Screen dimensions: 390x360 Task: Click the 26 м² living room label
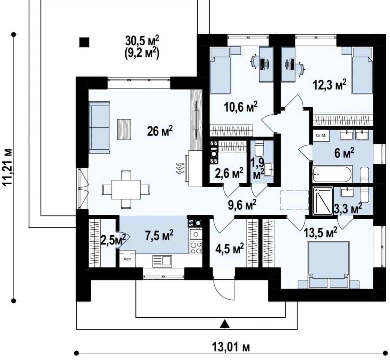(160, 131)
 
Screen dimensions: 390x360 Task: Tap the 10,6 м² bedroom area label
(240, 107)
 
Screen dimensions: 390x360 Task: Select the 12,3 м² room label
(329, 85)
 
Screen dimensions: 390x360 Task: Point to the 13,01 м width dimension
(231, 347)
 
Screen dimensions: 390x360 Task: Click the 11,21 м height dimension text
(8, 167)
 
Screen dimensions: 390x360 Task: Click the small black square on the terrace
(84, 42)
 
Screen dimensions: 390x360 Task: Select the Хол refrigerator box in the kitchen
(127, 259)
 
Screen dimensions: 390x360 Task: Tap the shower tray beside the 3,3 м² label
(322, 201)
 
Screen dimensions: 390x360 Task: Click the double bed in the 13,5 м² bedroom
(329, 263)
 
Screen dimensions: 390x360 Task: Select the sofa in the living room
(100, 128)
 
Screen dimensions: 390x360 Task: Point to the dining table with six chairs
(126, 189)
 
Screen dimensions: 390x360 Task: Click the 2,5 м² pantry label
(113, 240)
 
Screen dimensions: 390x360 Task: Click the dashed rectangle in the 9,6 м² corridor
(294, 200)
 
